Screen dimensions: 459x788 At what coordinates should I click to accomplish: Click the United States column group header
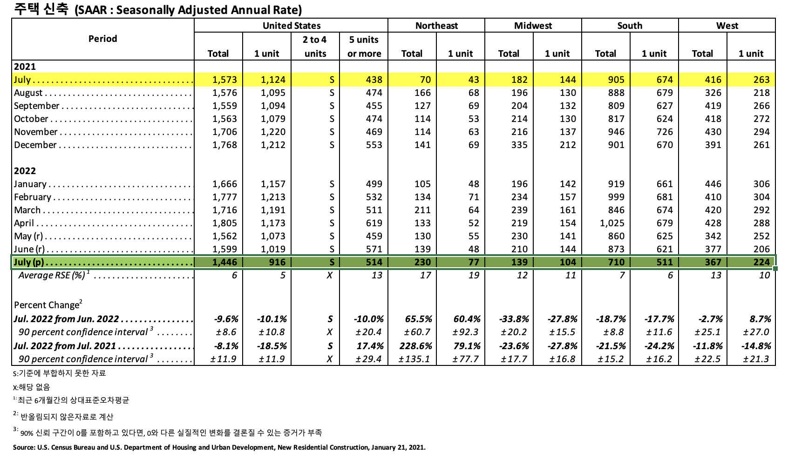click(x=292, y=26)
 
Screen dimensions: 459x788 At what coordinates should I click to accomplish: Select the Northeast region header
click(x=436, y=26)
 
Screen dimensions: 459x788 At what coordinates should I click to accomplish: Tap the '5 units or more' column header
click(x=364, y=47)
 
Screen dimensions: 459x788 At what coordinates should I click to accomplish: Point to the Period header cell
click(x=102, y=39)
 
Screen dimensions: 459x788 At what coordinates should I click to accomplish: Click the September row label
click(x=37, y=106)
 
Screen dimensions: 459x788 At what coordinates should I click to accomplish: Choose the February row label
click(x=33, y=197)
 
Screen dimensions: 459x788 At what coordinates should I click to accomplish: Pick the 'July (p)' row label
click(x=29, y=262)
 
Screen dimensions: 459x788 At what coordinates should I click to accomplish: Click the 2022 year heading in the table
click(x=25, y=171)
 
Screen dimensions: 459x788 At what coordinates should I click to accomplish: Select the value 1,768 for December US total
click(x=224, y=145)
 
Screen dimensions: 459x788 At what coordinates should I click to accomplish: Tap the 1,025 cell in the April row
click(x=612, y=223)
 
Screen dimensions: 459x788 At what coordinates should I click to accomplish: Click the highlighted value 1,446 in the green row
click(x=224, y=262)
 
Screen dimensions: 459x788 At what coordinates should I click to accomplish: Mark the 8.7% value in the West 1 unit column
click(x=761, y=319)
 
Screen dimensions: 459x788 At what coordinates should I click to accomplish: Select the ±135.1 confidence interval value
click(x=414, y=359)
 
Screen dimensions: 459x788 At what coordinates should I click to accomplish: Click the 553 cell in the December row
click(x=374, y=145)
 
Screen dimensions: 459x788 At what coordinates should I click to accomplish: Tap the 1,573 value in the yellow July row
click(x=224, y=80)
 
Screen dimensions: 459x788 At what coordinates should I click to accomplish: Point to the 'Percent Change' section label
click(x=47, y=305)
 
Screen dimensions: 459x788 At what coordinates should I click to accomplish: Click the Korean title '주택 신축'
click(x=41, y=9)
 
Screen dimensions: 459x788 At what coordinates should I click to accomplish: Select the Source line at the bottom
click(x=219, y=447)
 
